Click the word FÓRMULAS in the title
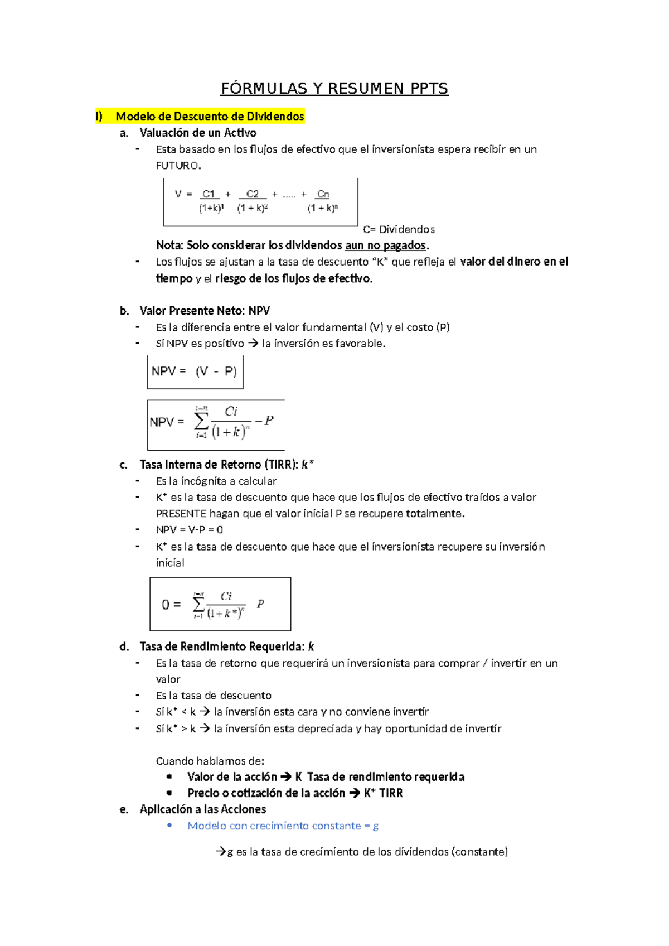point(264,89)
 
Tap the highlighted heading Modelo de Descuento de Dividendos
point(210,117)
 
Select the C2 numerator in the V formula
point(253,194)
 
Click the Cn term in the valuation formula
point(323,194)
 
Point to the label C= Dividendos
point(399,229)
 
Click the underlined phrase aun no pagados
point(385,245)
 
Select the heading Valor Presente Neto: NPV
point(205,311)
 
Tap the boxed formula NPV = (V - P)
point(195,371)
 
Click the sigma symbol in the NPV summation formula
point(201,421)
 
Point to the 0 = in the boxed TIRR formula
point(171,605)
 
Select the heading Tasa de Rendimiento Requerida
point(222,646)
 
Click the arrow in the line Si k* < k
point(205,712)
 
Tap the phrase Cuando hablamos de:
point(210,761)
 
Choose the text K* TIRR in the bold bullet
point(383,793)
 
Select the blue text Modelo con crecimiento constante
point(274,826)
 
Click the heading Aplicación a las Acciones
point(203,809)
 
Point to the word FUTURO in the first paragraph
point(177,166)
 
